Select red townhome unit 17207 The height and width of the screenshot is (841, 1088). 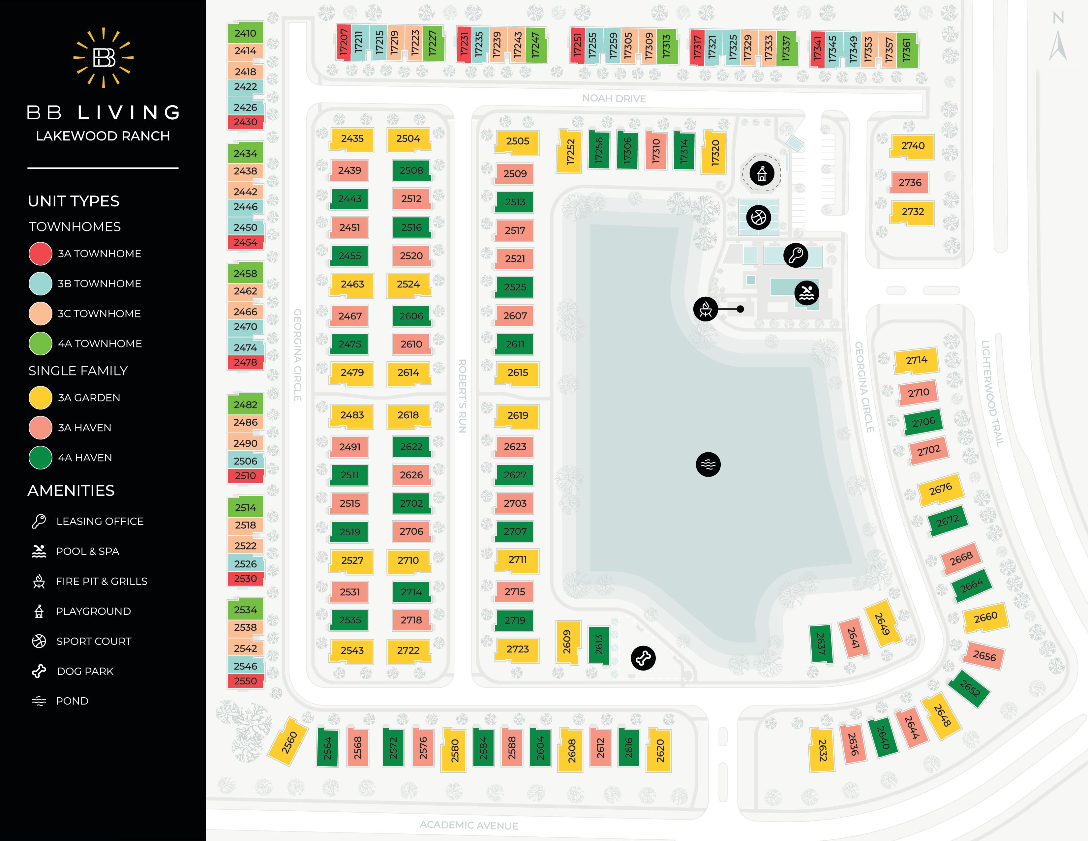pyautogui.click(x=343, y=42)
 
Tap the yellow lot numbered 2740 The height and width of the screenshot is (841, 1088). pyautogui.click(x=912, y=146)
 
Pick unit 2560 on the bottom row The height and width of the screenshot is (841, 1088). pyautogui.click(x=288, y=743)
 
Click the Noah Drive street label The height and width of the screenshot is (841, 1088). pyautogui.click(x=614, y=99)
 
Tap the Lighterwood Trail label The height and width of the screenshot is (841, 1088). pyautogui.click(x=992, y=394)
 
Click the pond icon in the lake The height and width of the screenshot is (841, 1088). pyautogui.click(x=708, y=464)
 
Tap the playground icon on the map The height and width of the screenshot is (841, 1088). pyautogui.click(x=762, y=173)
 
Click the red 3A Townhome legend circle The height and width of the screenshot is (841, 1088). pyautogui.click(x=40, y=254)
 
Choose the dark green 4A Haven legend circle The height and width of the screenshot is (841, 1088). pyautogui.click(x=40, y=457)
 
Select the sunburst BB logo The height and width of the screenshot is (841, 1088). pyautogui.click(x=104, y=58)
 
